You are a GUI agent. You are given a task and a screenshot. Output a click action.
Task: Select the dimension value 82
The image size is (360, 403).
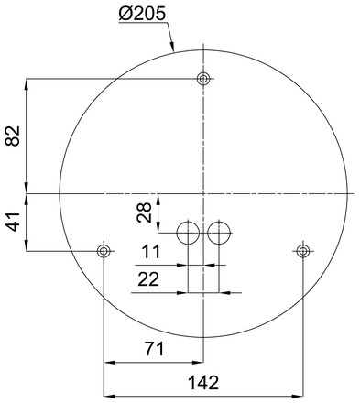[13, 136]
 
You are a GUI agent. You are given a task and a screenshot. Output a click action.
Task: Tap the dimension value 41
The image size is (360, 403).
[13, 221]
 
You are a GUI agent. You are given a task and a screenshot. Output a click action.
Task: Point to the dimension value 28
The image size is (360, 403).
[144, 213]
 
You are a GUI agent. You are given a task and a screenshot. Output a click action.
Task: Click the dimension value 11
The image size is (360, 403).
[153, 251]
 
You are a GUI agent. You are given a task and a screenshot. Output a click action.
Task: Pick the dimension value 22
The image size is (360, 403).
[148, 278]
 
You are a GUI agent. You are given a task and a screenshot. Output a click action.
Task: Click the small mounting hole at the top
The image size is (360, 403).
[203, 79]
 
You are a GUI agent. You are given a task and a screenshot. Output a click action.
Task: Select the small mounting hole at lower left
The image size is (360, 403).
[104, 250]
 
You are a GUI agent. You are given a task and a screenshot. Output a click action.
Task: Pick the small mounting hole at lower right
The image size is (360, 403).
[302, 250]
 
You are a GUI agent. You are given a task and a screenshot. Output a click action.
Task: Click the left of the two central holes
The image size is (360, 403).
[188, 233]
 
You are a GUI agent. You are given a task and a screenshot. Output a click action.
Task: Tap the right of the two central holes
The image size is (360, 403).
[218, 233]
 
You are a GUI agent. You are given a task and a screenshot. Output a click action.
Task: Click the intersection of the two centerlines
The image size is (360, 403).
[203, 193]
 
